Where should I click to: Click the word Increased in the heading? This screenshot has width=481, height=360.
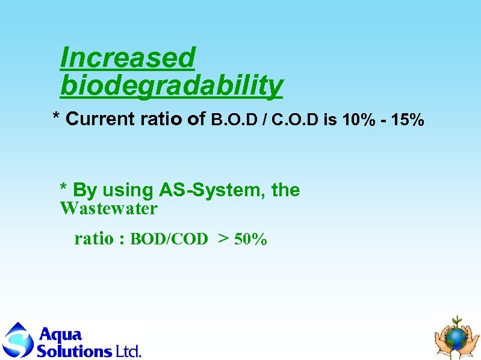(x=128, y=58)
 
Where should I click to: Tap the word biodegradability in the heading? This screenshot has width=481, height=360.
(x=172, y=86)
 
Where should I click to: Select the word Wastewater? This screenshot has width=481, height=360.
(x=108, y=209)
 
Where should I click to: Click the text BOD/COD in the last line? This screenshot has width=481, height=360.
(x=169, y=240)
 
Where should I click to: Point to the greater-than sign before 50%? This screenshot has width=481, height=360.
(x=223, y=240)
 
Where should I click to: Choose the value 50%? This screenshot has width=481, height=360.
(x=251, y=240)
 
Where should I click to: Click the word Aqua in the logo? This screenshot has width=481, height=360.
(x=60, y=334)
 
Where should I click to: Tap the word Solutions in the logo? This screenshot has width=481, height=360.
(x=74, y=350)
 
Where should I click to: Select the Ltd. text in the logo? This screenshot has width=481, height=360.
(x=128, y=350)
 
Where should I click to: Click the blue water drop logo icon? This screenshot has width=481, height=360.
(x=18, y=340)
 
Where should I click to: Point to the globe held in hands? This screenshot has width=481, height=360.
(x=457, y=338)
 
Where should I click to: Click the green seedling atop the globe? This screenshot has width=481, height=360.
(x=458, y=320)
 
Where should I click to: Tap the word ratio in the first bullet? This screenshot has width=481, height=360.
(x=162, y=119)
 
